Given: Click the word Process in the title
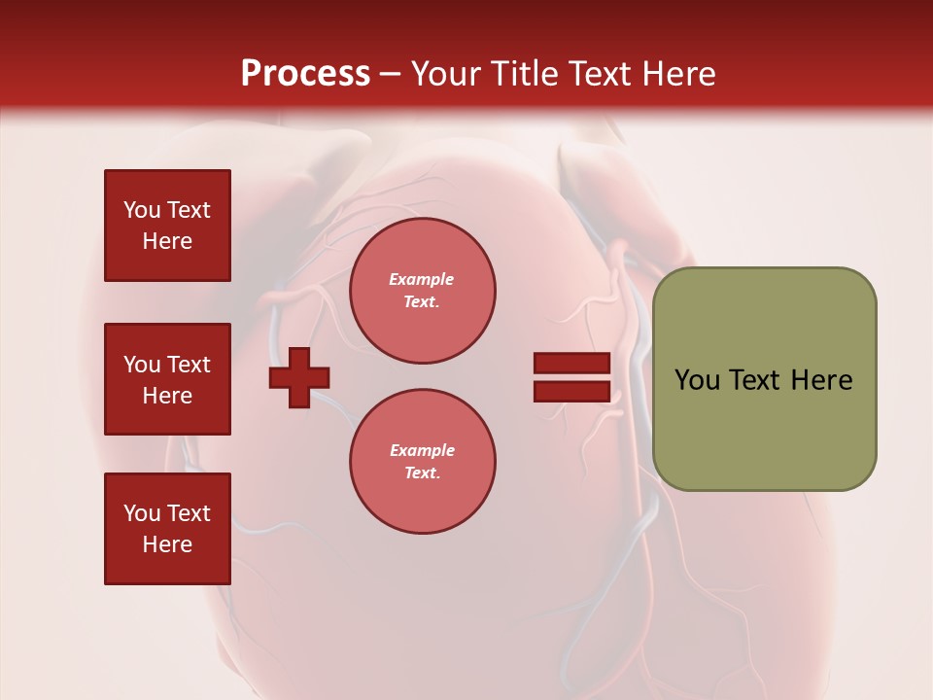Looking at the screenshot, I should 305,74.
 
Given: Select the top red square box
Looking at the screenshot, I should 167,226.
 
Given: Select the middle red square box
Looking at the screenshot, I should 167,379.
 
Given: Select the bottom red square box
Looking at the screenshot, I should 167,528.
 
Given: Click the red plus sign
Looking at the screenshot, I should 299,378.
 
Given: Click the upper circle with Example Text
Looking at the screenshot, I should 422,291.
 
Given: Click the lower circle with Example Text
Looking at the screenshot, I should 422,462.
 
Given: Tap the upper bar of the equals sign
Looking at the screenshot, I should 571,364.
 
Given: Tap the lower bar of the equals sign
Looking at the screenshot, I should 571,392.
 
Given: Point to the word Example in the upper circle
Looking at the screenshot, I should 422,279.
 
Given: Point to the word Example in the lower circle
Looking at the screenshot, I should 422,450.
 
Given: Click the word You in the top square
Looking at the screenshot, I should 141,210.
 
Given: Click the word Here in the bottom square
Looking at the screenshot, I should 167,544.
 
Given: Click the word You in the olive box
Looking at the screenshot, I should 696,380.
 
